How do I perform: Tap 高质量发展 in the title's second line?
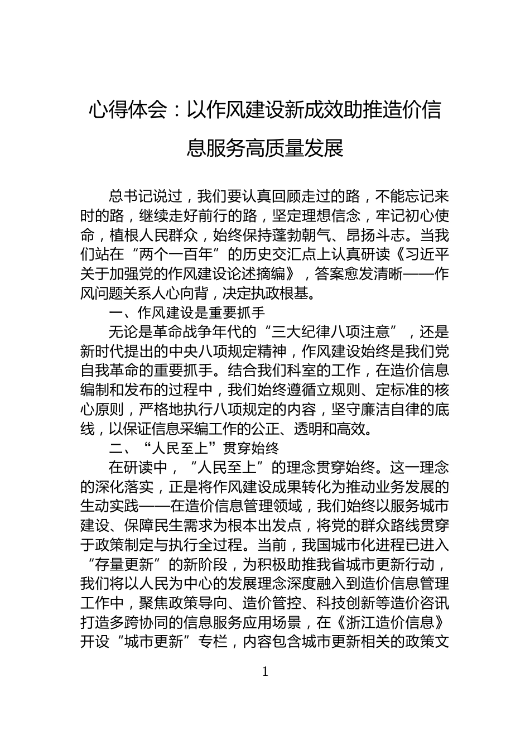pos(304,148)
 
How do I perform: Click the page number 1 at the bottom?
pos(265,671)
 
